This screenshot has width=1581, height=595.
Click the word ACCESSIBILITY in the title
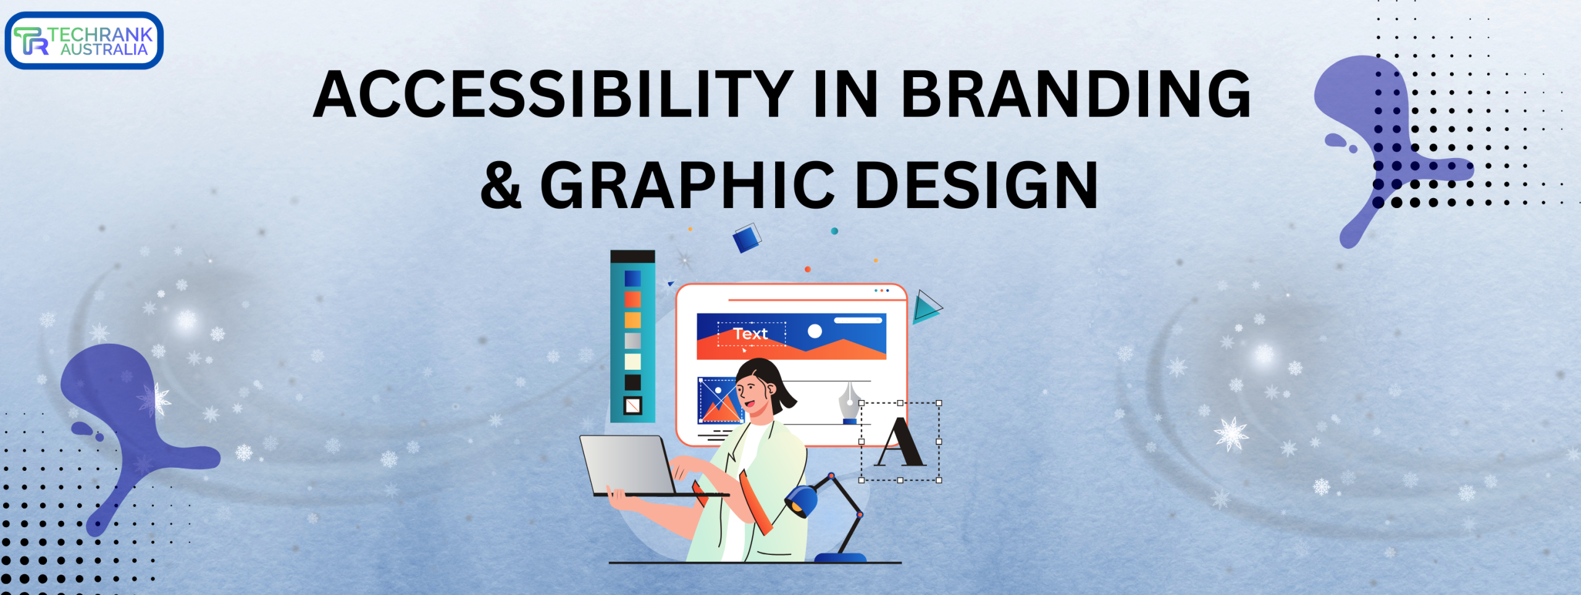553,94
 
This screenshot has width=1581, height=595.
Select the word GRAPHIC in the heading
687,185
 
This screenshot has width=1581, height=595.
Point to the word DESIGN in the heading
977,185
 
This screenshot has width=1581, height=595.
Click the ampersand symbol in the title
501,185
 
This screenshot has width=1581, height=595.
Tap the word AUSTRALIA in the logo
104,50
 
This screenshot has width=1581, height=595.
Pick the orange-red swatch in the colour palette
632,299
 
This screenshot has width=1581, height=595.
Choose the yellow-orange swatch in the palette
632,320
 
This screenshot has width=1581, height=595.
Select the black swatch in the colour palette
632,382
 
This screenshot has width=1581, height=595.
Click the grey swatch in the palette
632,341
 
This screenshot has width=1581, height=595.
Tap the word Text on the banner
750,334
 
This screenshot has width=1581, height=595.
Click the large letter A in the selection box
900,441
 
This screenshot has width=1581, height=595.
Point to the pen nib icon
850,402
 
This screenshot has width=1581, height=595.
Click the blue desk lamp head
801,501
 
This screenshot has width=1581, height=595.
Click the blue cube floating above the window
746,238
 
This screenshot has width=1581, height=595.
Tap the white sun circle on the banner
815,331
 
